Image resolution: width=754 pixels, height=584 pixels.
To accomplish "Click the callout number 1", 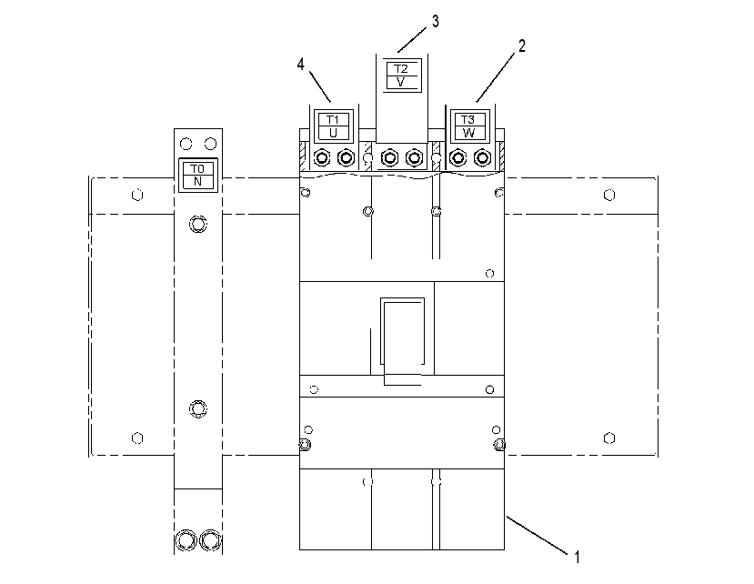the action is tap(577, 557).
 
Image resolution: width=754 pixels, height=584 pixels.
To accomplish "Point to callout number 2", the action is tap(522, 45).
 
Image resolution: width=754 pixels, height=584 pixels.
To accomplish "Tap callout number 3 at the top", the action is tap(435, 22).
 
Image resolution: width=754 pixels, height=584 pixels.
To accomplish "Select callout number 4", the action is tap(300, 64).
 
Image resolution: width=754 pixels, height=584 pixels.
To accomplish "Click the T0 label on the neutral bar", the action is tap(197, 169).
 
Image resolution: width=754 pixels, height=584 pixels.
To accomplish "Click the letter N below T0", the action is tap(197, 182).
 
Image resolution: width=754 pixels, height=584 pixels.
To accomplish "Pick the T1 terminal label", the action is tap(333, 119).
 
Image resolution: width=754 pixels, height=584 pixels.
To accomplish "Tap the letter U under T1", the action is tap(333, 133).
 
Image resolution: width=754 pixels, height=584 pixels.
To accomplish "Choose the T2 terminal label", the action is tap(401, 69).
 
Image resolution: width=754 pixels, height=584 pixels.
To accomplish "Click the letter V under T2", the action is tap(400, 82).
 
